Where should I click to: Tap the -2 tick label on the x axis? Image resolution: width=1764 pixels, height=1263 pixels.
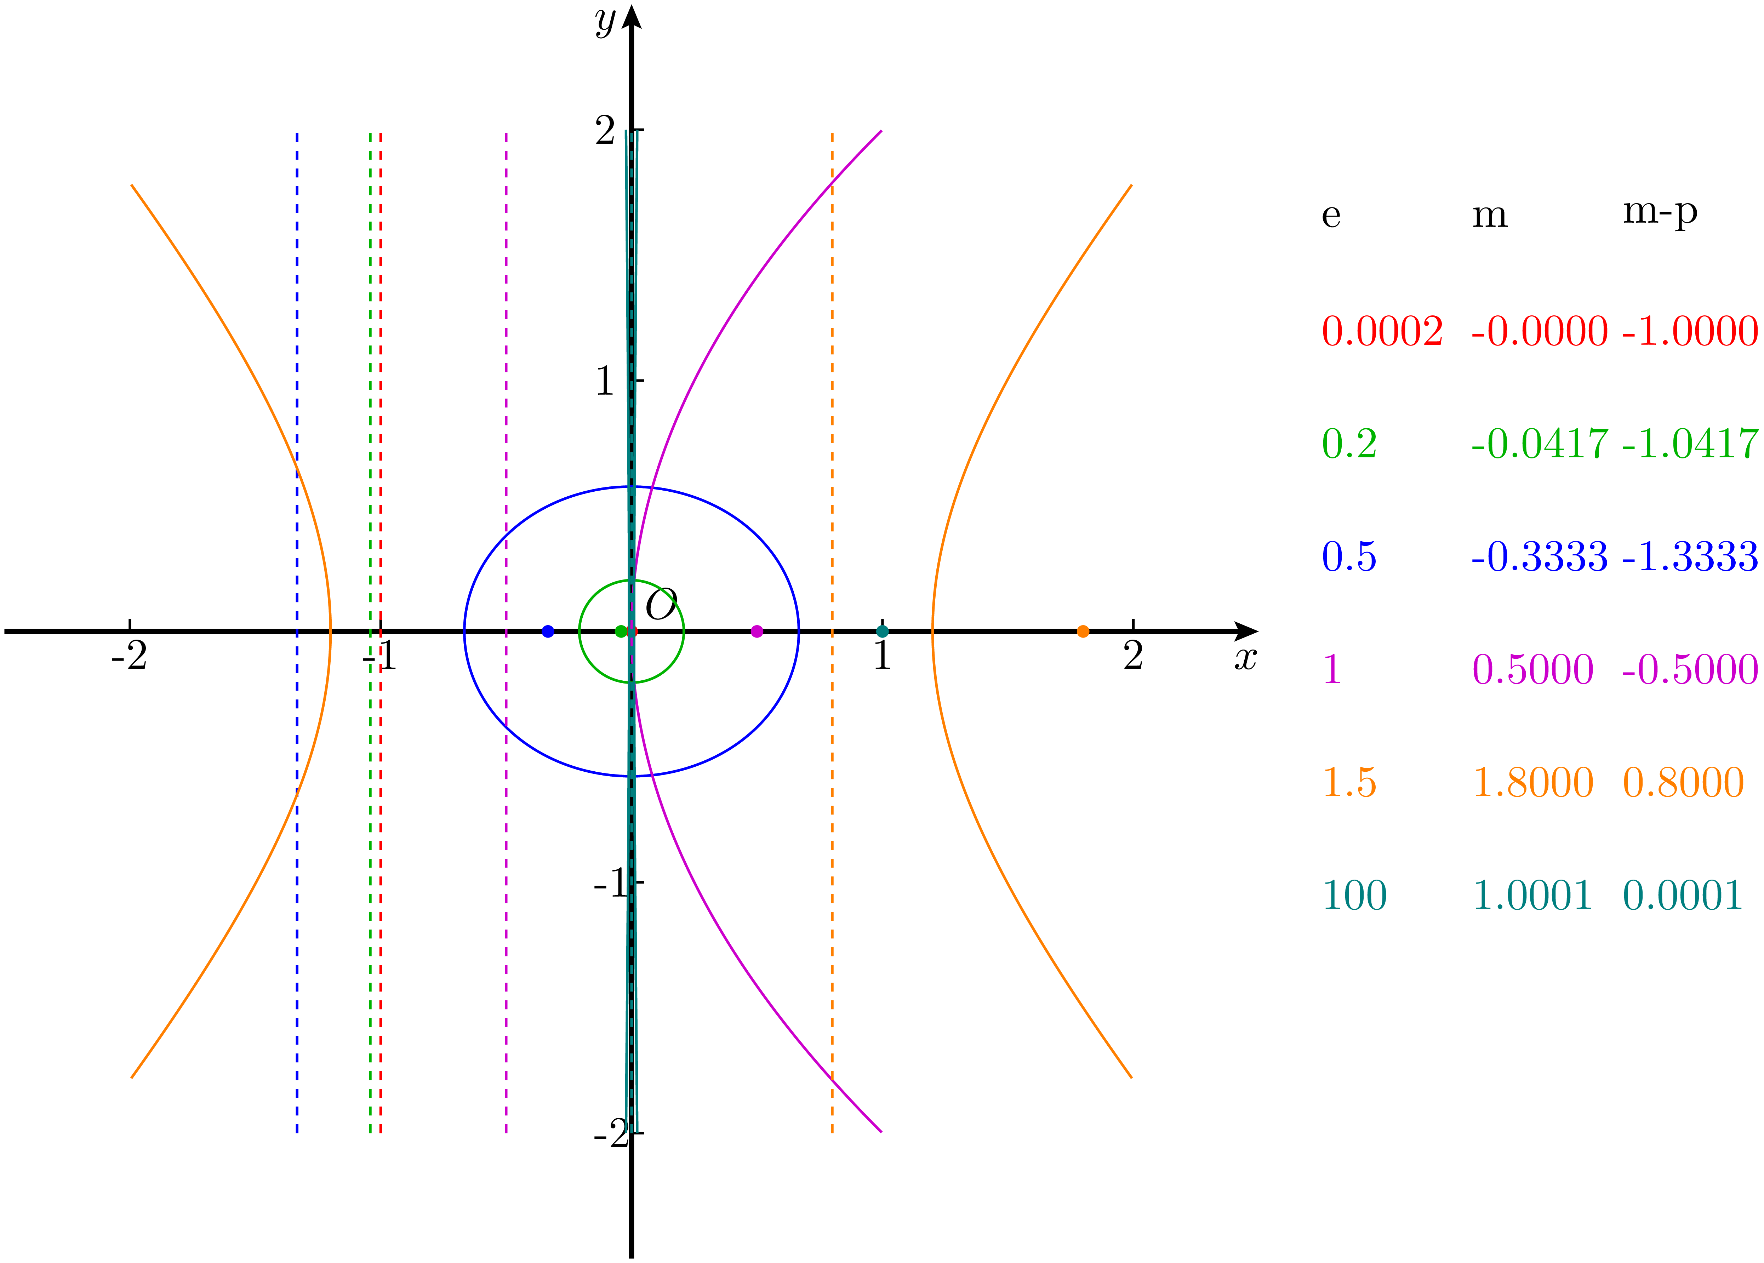[x=129, y=656]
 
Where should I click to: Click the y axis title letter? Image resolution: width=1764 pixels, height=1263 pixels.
[x=605, y=21]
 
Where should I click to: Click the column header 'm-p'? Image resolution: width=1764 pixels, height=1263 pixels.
[x=1659, y=212]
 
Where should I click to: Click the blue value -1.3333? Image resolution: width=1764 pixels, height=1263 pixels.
[x=1689, y=557]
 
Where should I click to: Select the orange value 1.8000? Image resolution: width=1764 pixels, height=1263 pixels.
[x=1532, y=782]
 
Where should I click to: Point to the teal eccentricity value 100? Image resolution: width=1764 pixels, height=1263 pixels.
[x=1354, y=895]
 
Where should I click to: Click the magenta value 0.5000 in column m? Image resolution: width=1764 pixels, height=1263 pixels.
[x=1532, y=670]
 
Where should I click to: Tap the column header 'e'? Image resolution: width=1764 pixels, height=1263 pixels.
[x=1331, y=216]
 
